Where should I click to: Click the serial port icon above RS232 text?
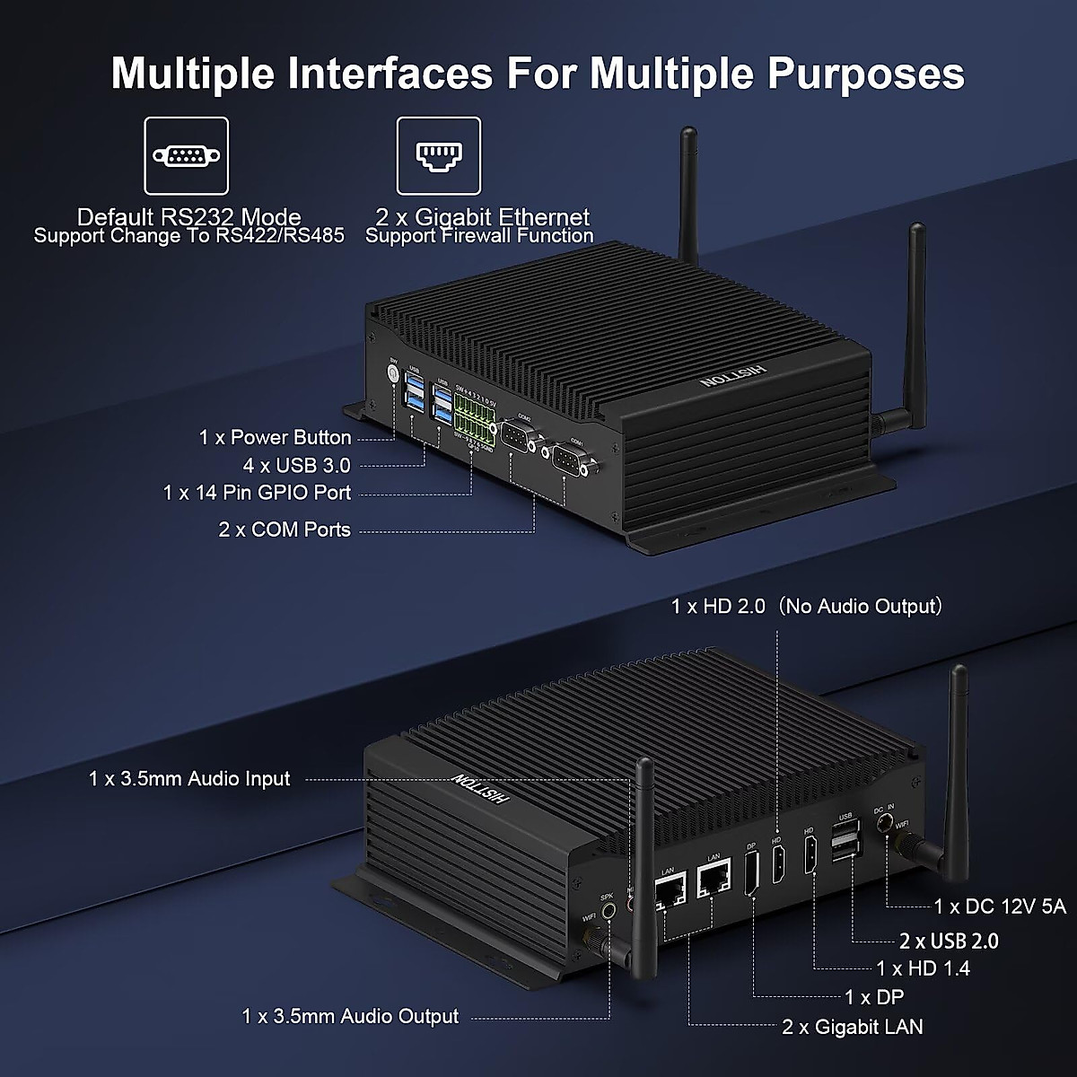[x=187, y=155]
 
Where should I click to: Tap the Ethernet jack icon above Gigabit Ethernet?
[x=438, y=155]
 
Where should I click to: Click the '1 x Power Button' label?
[x=275, y=438]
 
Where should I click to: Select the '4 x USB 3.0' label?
[x=296, y=465]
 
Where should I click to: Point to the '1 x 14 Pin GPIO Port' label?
[x=257, y=493]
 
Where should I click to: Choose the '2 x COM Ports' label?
[x=285, y=530]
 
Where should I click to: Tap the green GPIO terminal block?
[x=475, y=417]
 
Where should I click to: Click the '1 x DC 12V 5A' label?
[x=1000, y=906]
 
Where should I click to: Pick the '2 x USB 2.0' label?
[x=949, y=941]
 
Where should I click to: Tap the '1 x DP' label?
[x=874, y=997]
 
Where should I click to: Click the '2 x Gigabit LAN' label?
[x=852, y=1027]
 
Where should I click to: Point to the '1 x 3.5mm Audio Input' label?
[x=189, y=779]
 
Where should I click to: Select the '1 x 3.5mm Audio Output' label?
[x=350, y=1016]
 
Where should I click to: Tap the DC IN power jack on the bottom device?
[x=887, y=822]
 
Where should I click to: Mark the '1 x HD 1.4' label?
[x=924, y=968]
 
